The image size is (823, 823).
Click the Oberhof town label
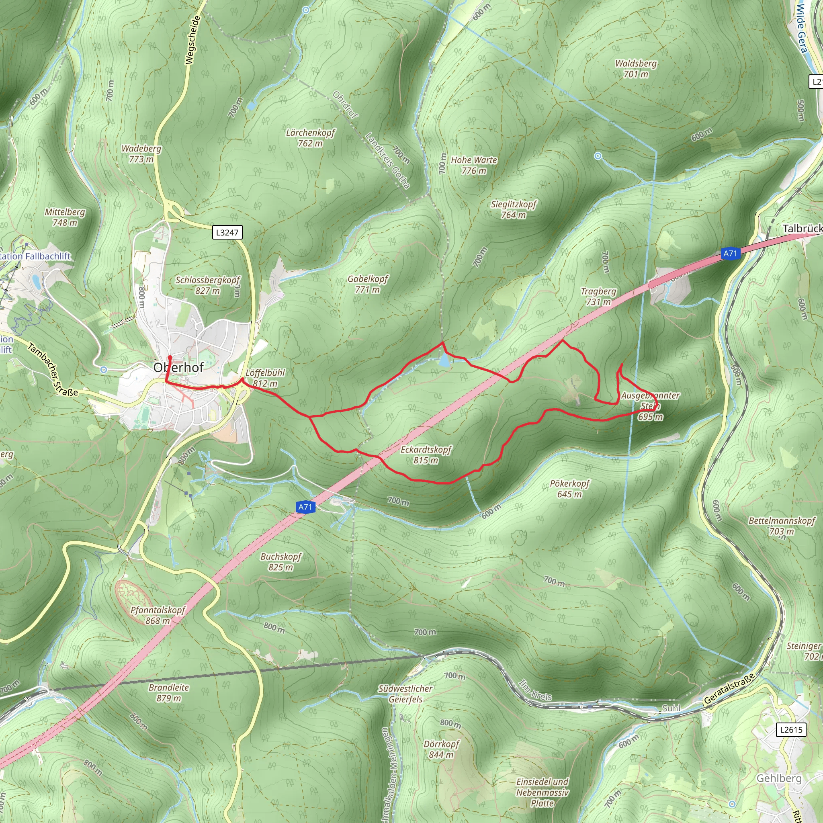[x=178, y=367]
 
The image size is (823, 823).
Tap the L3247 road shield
[x=227, y=232]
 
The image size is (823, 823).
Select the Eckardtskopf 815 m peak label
[x=426, y=454]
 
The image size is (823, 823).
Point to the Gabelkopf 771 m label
[x=368, y=284]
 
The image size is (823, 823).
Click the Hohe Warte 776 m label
[x=474, y=165]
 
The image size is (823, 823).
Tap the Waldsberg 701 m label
[x=636, y=69]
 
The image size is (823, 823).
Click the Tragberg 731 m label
[x=598, y=297]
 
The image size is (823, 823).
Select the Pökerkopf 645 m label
[x=569, y=489]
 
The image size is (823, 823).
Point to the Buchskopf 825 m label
[x=281, y=561]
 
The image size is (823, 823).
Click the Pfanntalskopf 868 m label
[x=158, y=615]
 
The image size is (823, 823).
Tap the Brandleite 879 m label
[x=169, y=692]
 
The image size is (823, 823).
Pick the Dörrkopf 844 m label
[x=441, y=749]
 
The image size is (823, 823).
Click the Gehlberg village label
[x=779, y=778]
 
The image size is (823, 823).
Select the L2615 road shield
[x=790, y=729]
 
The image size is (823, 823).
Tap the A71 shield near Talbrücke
[x=730, y=254]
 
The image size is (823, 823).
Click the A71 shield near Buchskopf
[x=305, y=507]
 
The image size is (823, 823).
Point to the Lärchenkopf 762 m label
[x=310, y=138]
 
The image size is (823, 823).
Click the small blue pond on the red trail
[x=444, y=361]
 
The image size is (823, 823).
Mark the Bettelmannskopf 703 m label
[x=782, y=526]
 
